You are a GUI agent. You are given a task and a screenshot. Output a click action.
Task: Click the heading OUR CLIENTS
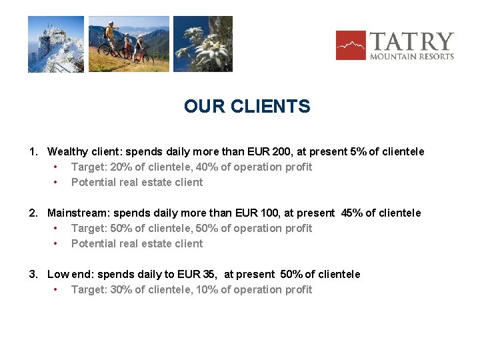point(247,107)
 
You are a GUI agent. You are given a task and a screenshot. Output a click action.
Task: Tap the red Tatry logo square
point(351,45)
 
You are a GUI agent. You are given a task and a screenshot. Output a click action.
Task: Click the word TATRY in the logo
point(411,41)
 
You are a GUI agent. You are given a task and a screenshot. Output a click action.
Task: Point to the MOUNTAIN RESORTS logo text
point(412,57)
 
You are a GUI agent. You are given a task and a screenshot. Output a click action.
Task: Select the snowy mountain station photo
point(56,44)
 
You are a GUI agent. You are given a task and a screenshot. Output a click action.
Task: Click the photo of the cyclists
point(129,44)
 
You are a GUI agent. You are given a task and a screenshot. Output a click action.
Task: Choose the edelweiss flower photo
point(203,44)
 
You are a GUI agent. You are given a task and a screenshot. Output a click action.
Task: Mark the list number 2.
point(32,213)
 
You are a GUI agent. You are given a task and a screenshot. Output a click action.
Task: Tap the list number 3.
point(32,275)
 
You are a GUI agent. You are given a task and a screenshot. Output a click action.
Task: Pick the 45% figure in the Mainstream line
point(352,213)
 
